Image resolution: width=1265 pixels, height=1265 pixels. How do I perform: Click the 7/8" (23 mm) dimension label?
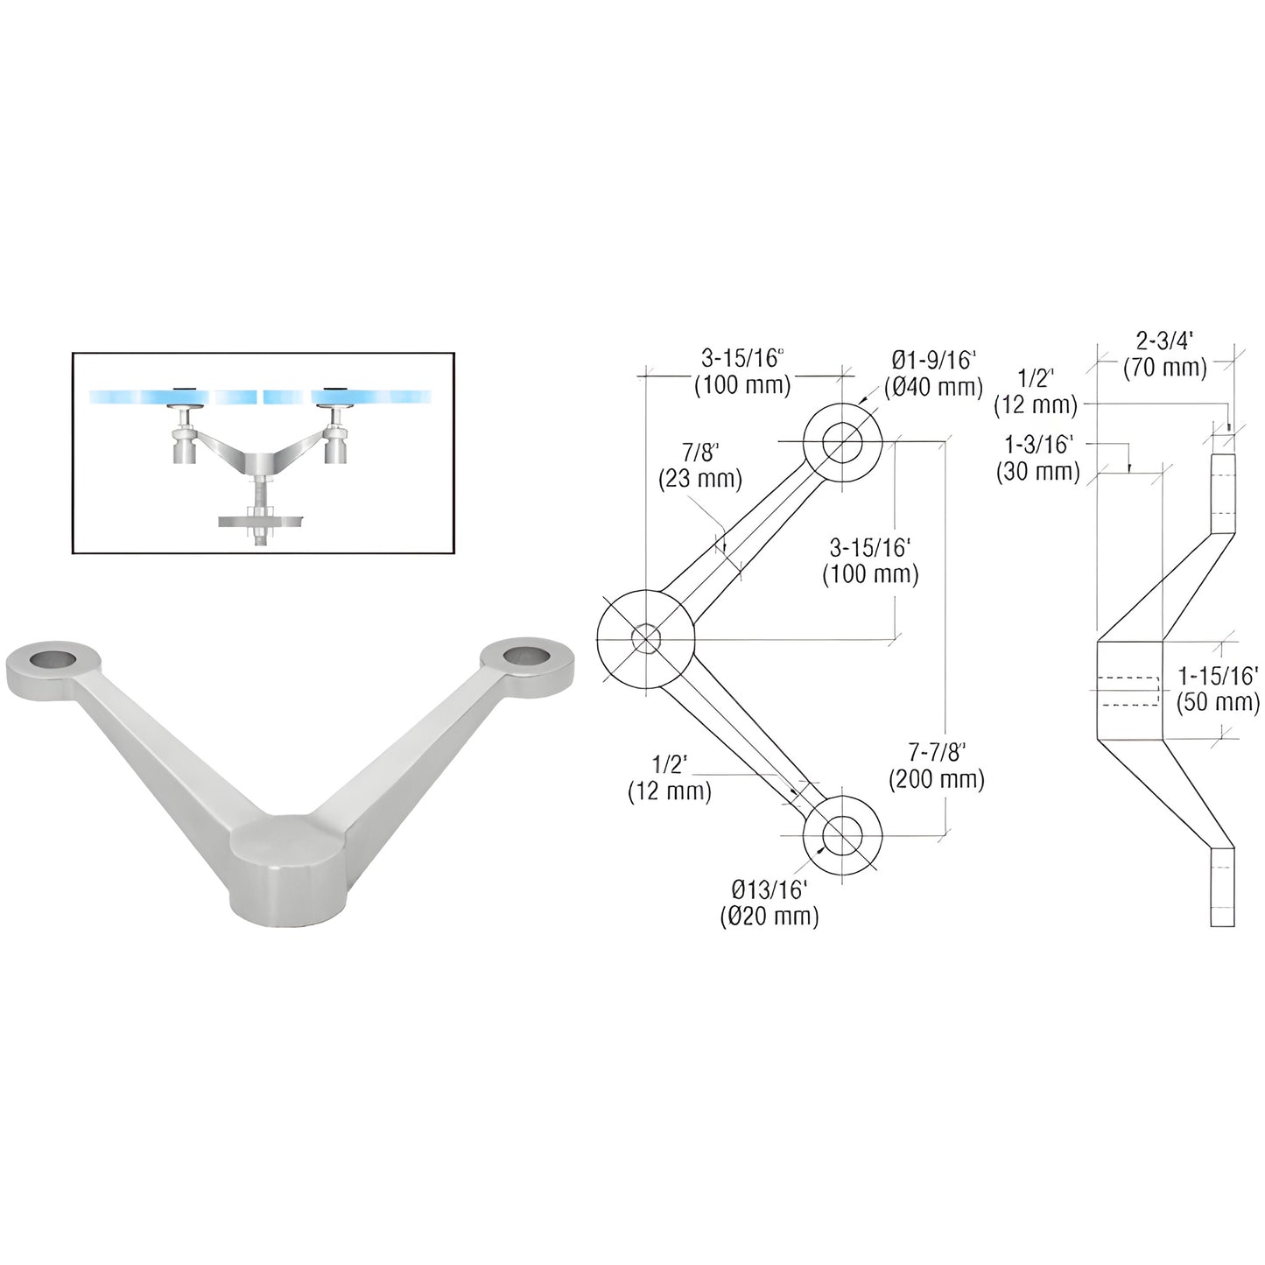699,466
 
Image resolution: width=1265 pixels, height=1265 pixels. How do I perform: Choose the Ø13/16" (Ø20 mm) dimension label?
768,904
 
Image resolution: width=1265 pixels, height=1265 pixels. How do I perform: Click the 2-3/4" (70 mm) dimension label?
1164,355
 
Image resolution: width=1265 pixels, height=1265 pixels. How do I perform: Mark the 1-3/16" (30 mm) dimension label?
1038,458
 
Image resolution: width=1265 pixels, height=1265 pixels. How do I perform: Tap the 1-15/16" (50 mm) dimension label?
1218,688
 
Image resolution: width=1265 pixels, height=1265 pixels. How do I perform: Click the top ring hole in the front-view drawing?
842,442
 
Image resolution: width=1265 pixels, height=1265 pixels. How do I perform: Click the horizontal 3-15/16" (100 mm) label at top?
742,371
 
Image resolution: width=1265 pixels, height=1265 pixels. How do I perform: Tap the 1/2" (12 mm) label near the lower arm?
670,778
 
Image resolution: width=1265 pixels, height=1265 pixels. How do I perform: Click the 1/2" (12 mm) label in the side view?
1036,391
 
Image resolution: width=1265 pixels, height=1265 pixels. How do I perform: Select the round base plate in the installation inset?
260,523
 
